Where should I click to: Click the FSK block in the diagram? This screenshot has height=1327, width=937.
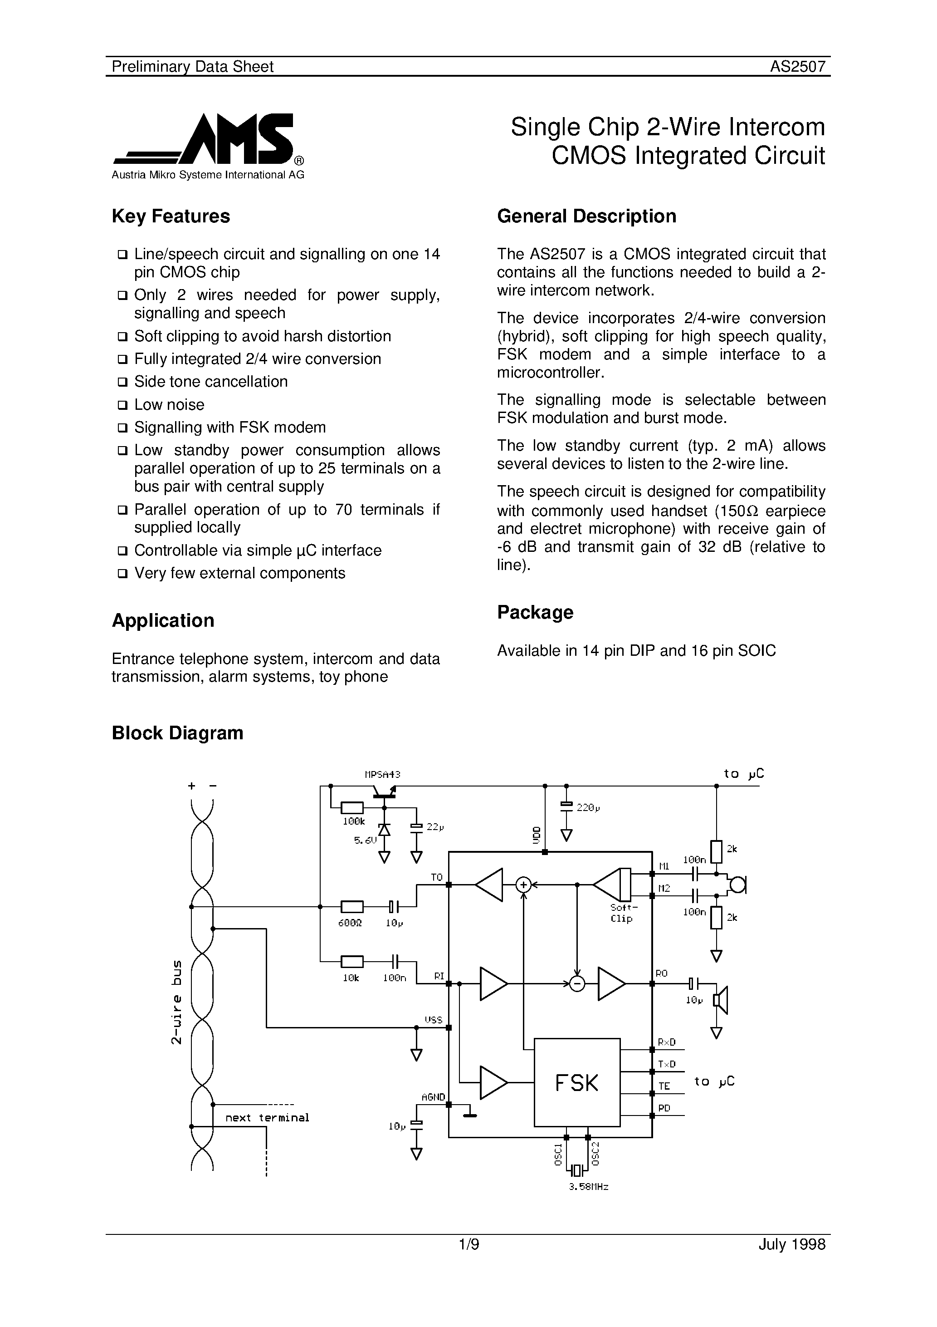pos(576,1082)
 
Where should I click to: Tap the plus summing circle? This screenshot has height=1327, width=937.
pos(523,884)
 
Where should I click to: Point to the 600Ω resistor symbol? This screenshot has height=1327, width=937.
pos(352,907)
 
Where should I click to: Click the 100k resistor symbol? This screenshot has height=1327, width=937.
pos(352,807)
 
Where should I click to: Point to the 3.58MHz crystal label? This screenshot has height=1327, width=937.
pos(588,1187)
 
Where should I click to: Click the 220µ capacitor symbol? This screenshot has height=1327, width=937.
pos(566,805)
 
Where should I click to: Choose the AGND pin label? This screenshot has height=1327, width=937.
pos(433,1097)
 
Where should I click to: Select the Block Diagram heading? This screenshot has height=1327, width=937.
pos(177,733)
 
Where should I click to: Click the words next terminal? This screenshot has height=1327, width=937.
pos(267,1118)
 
